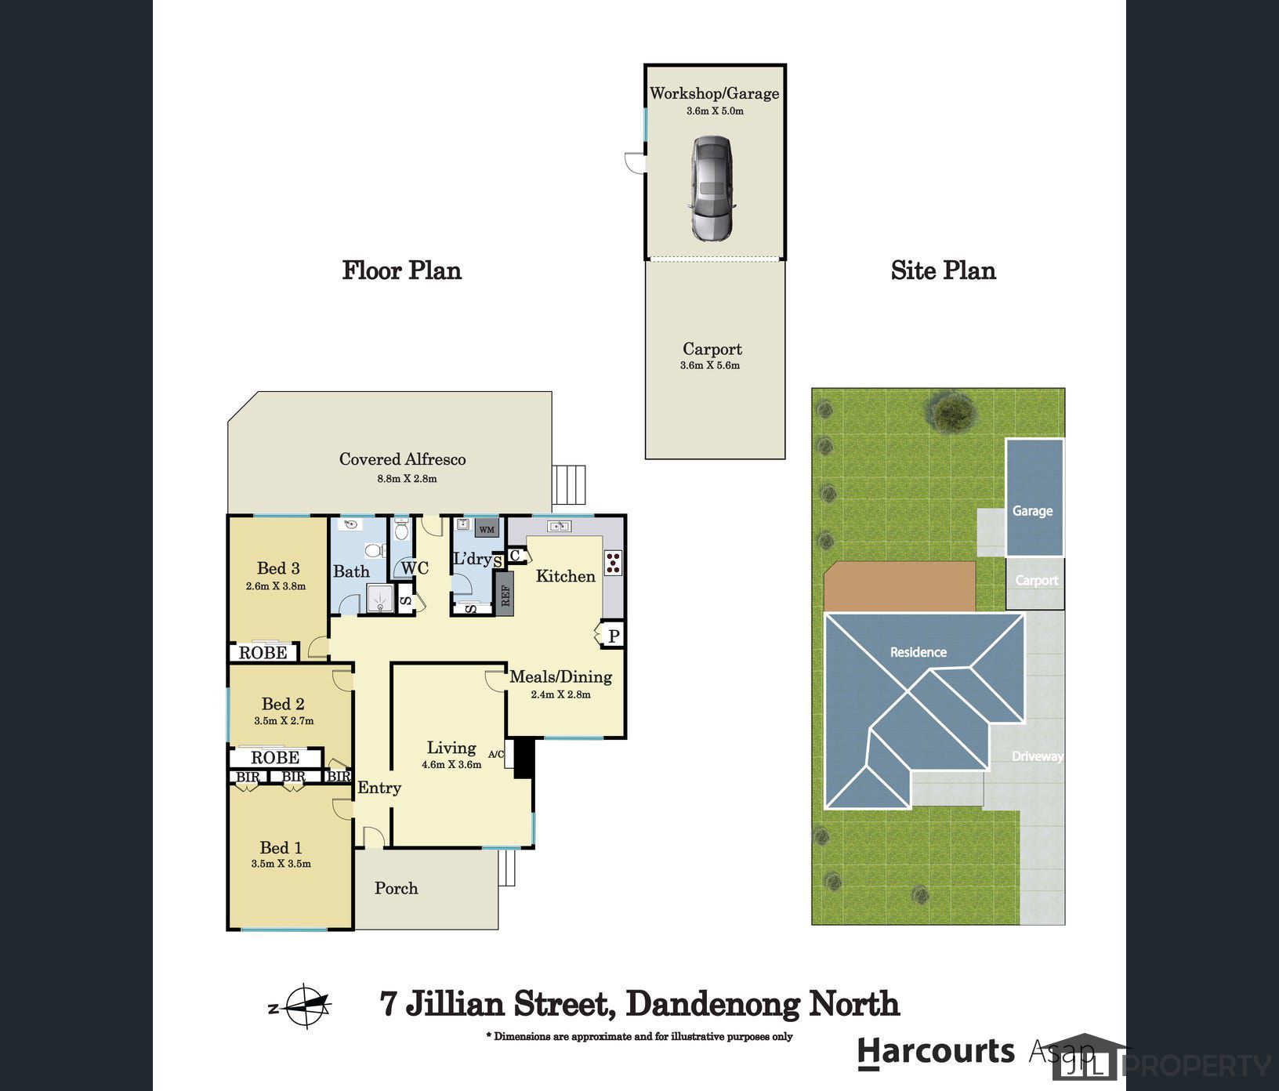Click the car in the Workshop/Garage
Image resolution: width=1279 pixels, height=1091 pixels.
pyautogui.click(x=712, y=188)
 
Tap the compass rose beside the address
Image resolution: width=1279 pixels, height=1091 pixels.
pyautogui.click(x=305, y=1006)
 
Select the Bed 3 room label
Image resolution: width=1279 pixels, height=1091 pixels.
pyautogui.click(x=278, y=568)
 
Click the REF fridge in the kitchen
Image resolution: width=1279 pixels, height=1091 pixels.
pyautogui.click(x=504, y=595)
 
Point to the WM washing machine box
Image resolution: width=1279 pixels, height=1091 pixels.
pyautogui.click(x=487, y=529)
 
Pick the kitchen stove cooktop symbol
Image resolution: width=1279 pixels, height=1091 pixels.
pyautogui.click(x=613, y=563)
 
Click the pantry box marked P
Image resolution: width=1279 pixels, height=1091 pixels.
pyautogui.click(x=613, y=635)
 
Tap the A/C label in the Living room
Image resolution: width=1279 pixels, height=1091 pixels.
pyautogui.click(x=496, y=755)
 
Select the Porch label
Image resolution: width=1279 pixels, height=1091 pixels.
pyautogui.click(x=396, y=888)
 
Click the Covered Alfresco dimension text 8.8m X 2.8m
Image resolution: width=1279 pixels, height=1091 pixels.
pyautogui.click(x=407, y=478)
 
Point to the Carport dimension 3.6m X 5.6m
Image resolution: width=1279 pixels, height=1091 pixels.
pyautogui.click(x=710, y=365)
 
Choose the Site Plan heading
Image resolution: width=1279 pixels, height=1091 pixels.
pyautogui.click(x=944, y=270)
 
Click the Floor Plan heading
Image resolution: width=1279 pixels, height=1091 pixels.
pyautogui.click(x=402, y=270)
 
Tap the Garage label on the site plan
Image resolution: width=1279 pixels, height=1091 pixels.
pyautogui.click(x=1032, y=511)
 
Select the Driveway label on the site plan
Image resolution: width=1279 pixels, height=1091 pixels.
pyautogui.click(x=1038, y=756)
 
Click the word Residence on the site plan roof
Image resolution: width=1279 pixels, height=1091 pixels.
pyautogui.click(x=918, y=652)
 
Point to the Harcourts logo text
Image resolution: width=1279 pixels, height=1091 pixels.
pyautogui.click(x=937, y=1052)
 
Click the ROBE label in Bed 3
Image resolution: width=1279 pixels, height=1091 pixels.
pyautogui.click(x=263, y=652)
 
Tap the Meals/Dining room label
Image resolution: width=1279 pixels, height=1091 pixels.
pyautogui.click(x=561, y=676)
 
